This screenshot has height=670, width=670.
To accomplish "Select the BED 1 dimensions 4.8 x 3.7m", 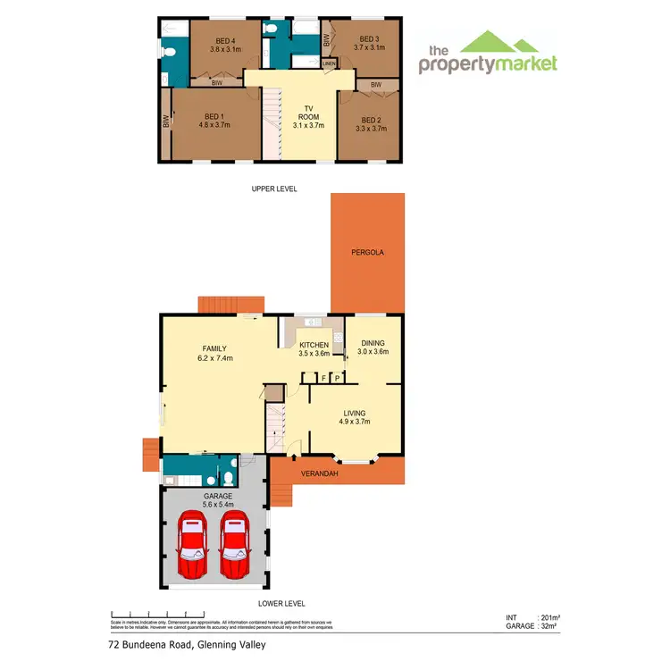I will point(213,125).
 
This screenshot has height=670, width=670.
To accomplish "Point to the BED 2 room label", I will point(371,120).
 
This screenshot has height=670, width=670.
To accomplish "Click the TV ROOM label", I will point(308,113).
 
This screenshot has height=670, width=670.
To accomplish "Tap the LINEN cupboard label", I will point(329,64).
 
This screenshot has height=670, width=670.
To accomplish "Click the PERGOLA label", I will point(367,253).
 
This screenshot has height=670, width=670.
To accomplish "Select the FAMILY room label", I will point(214,348).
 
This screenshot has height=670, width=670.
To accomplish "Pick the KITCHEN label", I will point(314,345).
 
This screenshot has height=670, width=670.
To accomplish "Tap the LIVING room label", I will point(355,413).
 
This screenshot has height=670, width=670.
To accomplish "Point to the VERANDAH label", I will point(319,473).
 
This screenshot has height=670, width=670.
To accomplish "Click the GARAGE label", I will point(217,495).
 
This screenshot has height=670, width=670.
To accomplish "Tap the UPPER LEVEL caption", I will point(273,188).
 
